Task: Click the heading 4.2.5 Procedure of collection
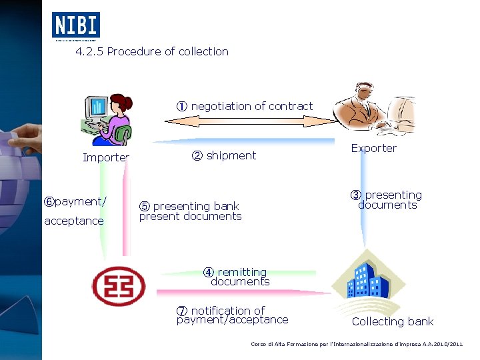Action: click(x=152, y=51)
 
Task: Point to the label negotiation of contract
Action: click(x=245, y=106)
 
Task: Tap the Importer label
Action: click(x=105, y=158)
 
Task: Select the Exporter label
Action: click(x=373, y=148)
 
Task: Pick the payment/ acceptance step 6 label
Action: click(x=74, y=211)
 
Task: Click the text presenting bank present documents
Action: click(x=189, y=211)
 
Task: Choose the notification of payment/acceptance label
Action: click(x=233, y=315)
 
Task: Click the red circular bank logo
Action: click(x=117, y=285)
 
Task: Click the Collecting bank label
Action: click(x=392, y=321)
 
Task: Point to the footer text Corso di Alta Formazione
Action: click(x=356, y=344)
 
